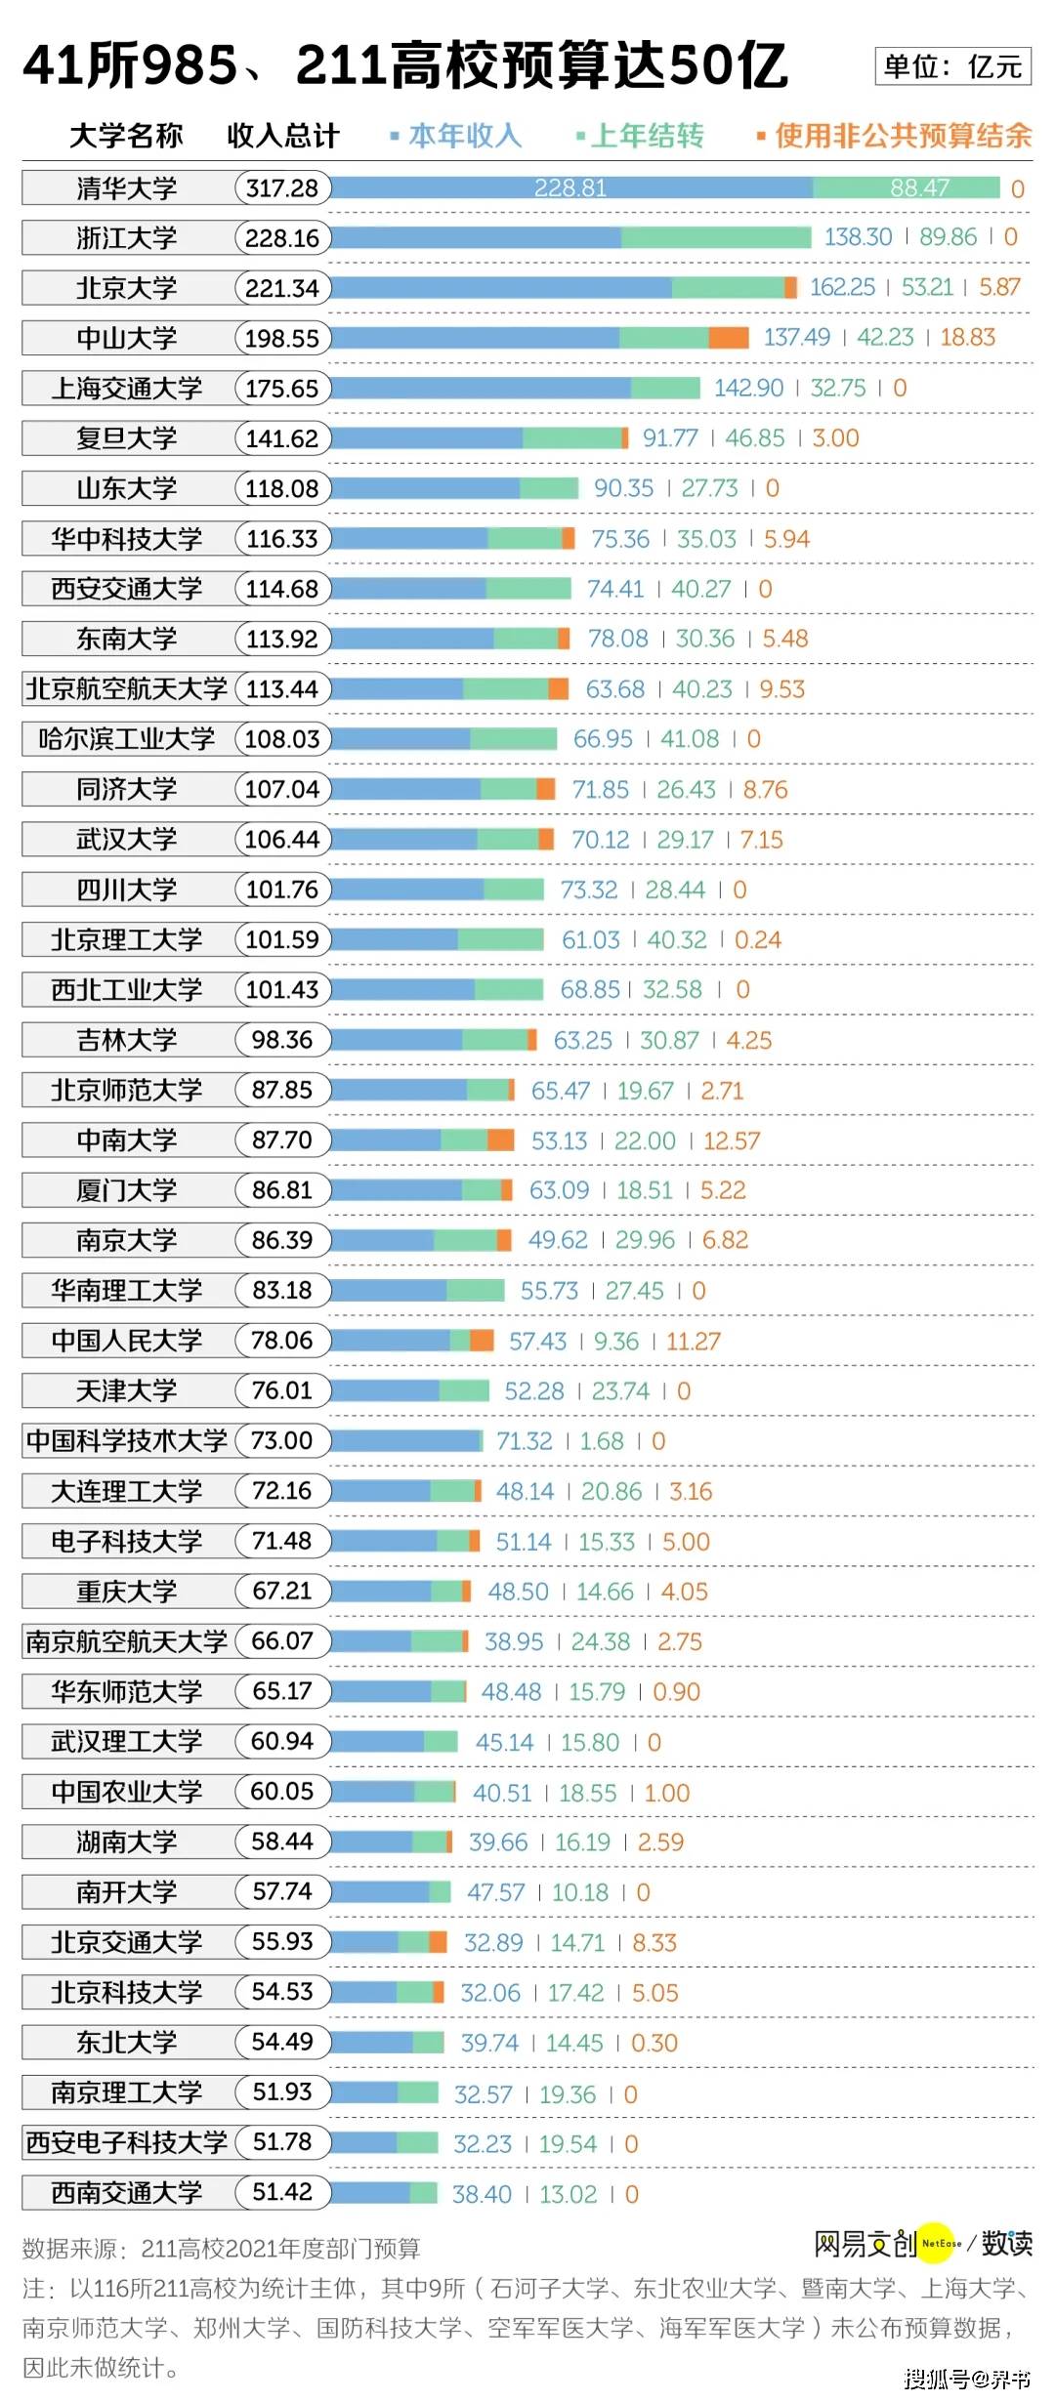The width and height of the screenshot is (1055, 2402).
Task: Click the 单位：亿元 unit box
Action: coord(952,66)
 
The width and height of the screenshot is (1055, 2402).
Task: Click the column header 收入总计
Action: coord(282,136)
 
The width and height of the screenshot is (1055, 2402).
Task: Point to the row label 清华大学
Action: coord(127,188)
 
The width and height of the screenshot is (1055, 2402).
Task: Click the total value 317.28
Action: coord(282,188)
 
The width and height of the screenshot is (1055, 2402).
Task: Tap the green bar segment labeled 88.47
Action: coord(906,187)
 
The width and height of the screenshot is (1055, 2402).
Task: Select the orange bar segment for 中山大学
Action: coord(729,338)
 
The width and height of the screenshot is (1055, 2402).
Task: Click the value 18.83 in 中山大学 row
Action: coord(967,338)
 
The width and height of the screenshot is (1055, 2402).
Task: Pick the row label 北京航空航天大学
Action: coord(127,689)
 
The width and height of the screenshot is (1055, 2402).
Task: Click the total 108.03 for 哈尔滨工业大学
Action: coord(282,739)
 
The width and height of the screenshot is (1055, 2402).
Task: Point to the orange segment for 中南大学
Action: coord(500,1139)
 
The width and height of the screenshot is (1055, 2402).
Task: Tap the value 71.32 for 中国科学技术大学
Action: coord(525,1441)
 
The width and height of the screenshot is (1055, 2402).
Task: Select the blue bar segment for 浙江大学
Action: coord(476,237)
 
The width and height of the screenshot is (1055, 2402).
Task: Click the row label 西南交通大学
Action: coord(127,2193)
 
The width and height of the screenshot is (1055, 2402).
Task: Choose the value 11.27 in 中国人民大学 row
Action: coord(693,1342)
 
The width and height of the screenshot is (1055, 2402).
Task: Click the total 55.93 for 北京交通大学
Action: coord(282,1942)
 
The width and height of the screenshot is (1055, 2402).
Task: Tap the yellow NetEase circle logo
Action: coord(940,2244)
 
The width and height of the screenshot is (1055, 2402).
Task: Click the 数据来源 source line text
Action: coord(222,2250)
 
